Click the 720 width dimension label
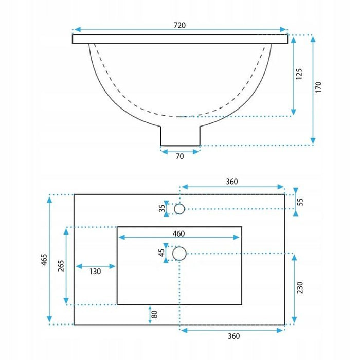179,25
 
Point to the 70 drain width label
179,157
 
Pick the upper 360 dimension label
232,182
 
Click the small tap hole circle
179,208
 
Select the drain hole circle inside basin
179,253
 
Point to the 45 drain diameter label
161,253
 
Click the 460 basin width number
178,233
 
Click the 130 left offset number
96,271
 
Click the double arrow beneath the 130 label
96,266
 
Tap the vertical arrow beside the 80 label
149,314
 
